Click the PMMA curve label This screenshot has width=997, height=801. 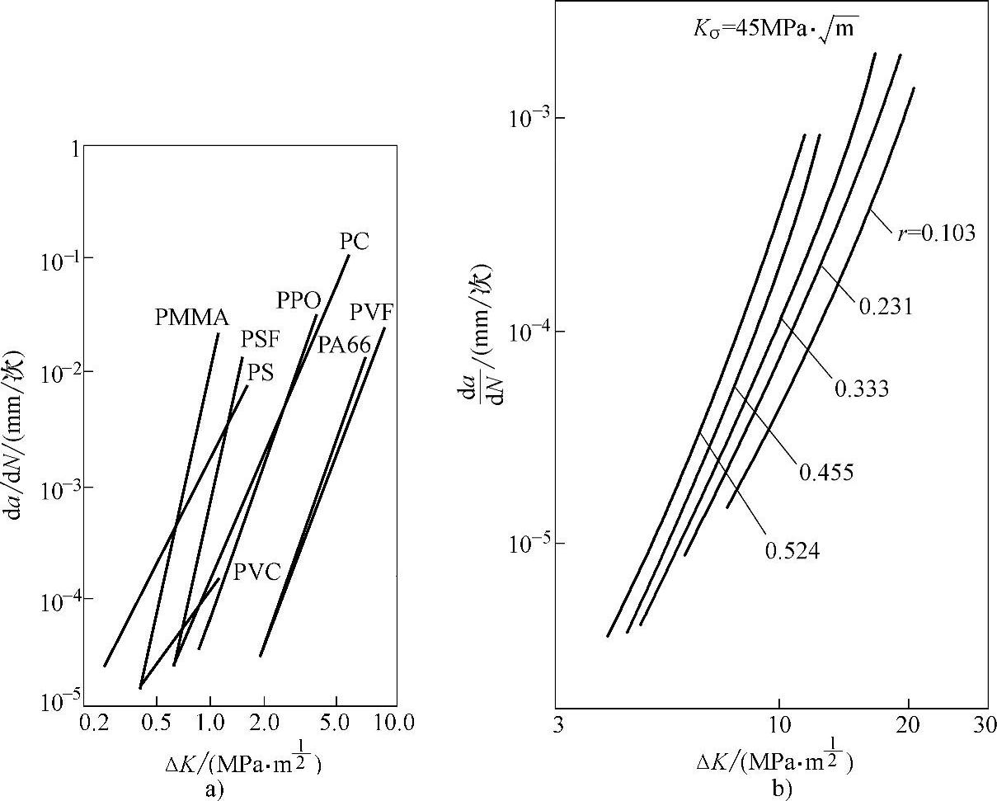(191, 318)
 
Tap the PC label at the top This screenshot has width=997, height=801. (355, 242)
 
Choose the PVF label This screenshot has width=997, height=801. (371, 313)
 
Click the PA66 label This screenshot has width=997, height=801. (344, 345)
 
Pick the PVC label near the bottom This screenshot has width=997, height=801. (256, 571)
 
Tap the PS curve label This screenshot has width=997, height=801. (261, 373)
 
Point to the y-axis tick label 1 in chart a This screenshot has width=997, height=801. (75, 150)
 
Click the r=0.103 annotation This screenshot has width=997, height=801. (936, 233)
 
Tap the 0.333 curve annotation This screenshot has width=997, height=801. (862, 389)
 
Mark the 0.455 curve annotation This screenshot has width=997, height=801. (825, 472)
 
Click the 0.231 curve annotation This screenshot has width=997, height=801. (886, 307)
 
